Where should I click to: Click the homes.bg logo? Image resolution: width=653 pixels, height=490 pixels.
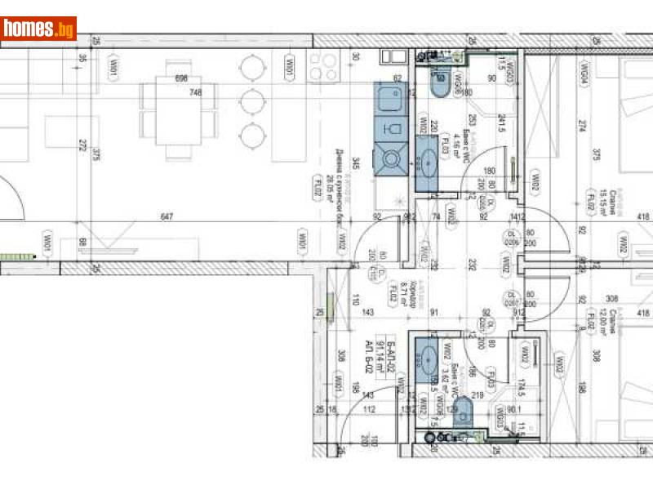pos(39,29)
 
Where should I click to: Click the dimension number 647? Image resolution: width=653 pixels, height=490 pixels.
pos(167,216)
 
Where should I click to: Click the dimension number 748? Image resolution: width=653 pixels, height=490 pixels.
pos(195,92)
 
